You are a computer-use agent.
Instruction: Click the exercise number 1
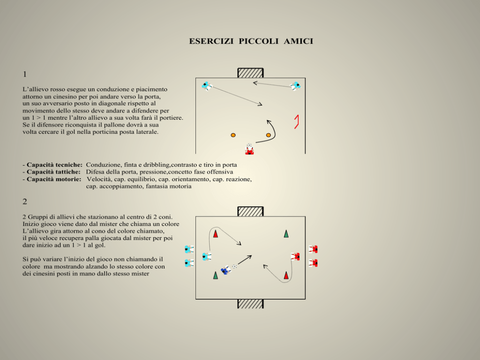tap(25, 74)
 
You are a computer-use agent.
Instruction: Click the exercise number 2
tap(25, 201)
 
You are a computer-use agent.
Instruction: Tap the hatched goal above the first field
tap(251, 73)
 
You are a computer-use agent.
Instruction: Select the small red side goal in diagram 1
tap(297, 121)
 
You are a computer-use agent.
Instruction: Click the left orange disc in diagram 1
tap(233, 135)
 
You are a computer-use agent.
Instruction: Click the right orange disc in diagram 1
tap(269, 135)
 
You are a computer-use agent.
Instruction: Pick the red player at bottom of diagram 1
tap(250, 150)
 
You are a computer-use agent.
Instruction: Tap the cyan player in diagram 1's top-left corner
tap(207, 86)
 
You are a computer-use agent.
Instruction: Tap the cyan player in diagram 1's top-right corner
tap(296, 86)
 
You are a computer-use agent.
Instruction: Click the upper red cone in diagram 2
tap(215, 234)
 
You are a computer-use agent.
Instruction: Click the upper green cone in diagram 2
tap(286, 234)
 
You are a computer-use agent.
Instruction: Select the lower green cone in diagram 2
tap(215, 275)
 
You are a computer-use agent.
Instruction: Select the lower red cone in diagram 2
tap(286, 275)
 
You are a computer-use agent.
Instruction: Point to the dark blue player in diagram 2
tap(226, 270)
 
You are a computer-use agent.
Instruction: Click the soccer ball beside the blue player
tap(235, 266)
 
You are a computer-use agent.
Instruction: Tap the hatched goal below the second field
tap(251, 304)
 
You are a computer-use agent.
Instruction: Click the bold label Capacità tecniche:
tap(55, 165)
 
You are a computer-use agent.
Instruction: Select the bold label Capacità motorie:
tap(54, 179)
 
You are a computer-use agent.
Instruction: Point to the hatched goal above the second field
tap(251, 211)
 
